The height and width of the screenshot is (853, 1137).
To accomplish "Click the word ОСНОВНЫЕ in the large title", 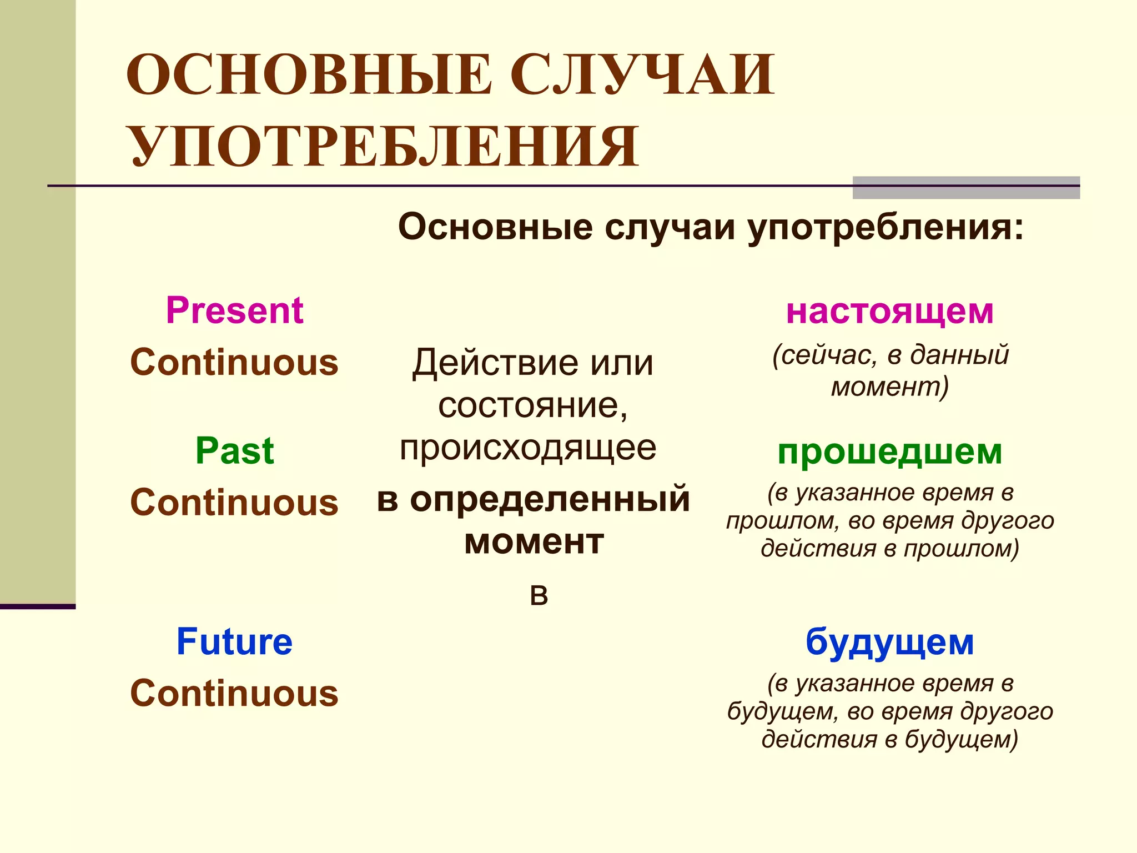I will [x=309, y=75].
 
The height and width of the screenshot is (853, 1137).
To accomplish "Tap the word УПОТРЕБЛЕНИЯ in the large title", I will [x=385, y=146].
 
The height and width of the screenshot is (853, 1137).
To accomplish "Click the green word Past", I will [x=234, y=450].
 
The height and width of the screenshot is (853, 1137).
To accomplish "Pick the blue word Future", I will [x=234, y=642].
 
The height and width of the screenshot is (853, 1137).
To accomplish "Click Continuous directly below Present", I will [x=234, y=362].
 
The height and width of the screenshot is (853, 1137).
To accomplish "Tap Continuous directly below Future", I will [x=234, y=694].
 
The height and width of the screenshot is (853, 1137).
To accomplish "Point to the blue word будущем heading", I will [x=889, y=643].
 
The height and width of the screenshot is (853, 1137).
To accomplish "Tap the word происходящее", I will [x=528, y=448].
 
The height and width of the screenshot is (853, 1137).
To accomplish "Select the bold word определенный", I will [x=550, y=499].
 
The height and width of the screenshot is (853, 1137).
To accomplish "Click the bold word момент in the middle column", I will [x=534, y=541].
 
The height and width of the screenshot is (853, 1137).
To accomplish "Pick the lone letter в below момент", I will [x=539, y=595].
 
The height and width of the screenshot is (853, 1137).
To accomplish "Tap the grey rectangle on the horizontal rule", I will [x=966, y=188].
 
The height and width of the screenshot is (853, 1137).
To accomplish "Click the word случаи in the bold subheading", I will [x=670, y=228].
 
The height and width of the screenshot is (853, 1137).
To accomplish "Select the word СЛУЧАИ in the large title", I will [x=641, y=75].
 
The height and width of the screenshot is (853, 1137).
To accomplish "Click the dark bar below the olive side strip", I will [x=38, y=606].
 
